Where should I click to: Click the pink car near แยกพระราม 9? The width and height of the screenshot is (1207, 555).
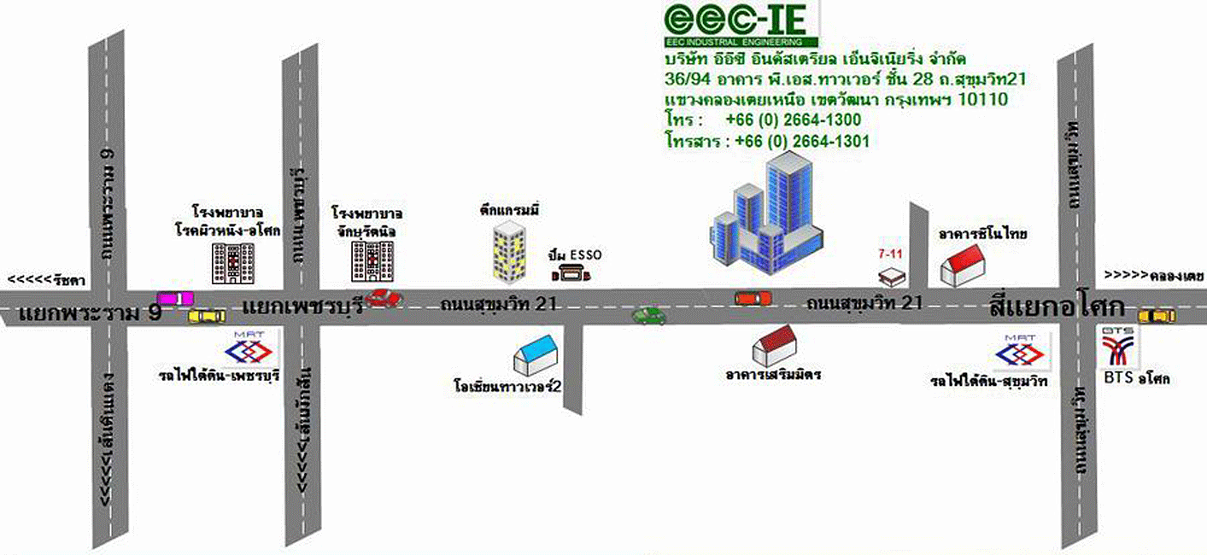[x=175, y=298]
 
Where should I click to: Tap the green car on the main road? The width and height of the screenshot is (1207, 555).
[x=648, y=316]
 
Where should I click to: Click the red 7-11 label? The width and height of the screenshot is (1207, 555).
[x=890, y=254]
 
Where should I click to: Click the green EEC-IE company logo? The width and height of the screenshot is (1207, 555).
[x=741, y=24]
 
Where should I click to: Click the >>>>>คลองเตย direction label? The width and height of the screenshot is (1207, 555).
[x=1153, y=276]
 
